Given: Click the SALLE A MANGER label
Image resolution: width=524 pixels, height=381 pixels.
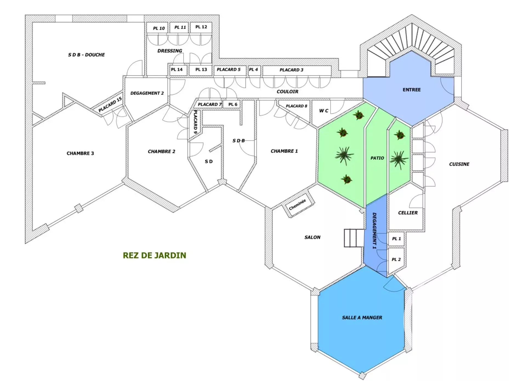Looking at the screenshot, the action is (362, 317).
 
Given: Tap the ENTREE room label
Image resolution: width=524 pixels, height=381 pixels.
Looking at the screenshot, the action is (411, 90).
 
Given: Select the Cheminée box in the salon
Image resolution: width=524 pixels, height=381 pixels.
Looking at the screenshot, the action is (298, 204).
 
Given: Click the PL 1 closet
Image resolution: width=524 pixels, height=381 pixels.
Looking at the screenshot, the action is (396, 239).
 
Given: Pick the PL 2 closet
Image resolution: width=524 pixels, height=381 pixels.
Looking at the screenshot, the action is (396, 259).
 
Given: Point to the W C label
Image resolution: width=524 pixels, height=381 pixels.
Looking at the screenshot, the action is (324, 111).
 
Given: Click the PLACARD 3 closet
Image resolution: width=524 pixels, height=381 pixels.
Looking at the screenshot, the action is (297, 70).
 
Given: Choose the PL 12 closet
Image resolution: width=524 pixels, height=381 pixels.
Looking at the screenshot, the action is (201, 27).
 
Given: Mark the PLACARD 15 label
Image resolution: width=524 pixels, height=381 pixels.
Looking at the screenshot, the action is (110, 105).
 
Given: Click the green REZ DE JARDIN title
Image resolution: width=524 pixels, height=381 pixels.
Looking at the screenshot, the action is (154, 255).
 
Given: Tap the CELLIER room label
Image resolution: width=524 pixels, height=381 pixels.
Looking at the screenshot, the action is (408, 213).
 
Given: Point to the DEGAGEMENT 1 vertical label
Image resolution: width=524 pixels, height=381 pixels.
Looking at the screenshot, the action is (374, 231).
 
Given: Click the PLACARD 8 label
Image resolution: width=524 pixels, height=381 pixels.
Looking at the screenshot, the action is (296, 106).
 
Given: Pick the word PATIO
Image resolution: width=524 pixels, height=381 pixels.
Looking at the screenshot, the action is (377, 158).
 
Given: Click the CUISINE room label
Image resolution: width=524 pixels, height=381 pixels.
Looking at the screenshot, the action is (459, 164).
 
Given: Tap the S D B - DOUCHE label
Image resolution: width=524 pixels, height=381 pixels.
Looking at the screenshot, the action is (86, 55).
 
